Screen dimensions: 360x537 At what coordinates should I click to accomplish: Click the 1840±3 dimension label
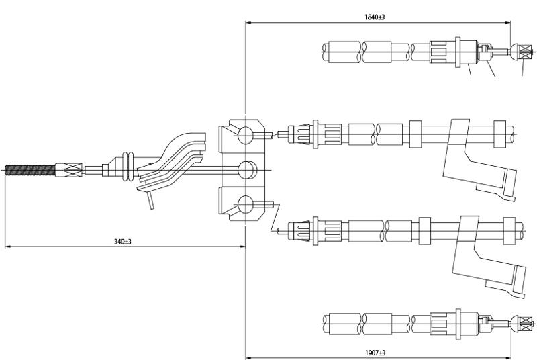(375, 17)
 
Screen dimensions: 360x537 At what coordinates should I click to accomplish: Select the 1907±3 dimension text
(375, 352)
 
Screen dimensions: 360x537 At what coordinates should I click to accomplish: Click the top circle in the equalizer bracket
(246, 136)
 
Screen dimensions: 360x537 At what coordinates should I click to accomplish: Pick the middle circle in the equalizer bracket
(246, 169)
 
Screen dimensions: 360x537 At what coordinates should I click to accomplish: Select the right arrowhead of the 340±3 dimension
(242, 246)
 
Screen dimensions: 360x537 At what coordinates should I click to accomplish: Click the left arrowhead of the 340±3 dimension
(7, 246)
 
